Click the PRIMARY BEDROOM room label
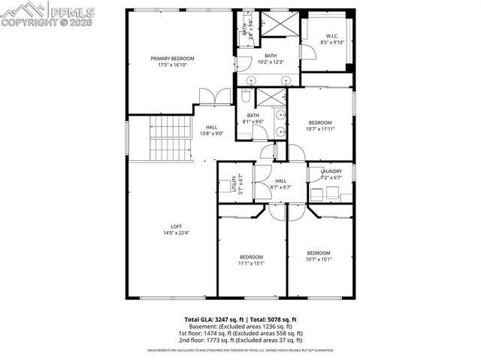[172, 59]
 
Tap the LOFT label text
[176, 226]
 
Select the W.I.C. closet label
[331, 37]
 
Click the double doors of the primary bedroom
[210, 97]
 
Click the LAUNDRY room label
[331, 171]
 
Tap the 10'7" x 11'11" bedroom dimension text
[320, 129]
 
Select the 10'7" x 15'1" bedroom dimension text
[318, 260]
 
